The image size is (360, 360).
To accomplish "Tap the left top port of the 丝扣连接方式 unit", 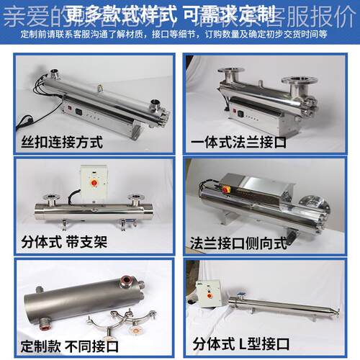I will [54, 73].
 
